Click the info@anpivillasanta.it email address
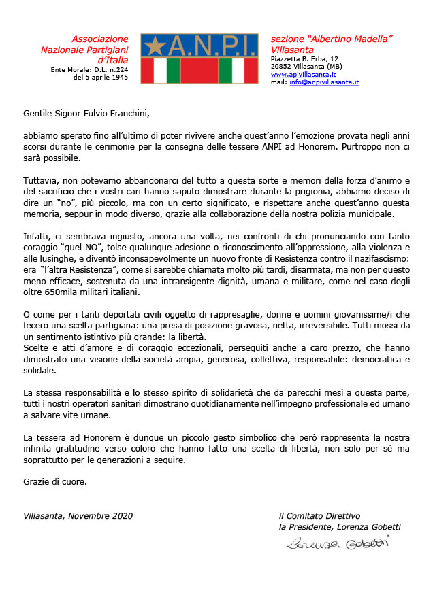[324, 82]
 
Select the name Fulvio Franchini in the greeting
[114, 113]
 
